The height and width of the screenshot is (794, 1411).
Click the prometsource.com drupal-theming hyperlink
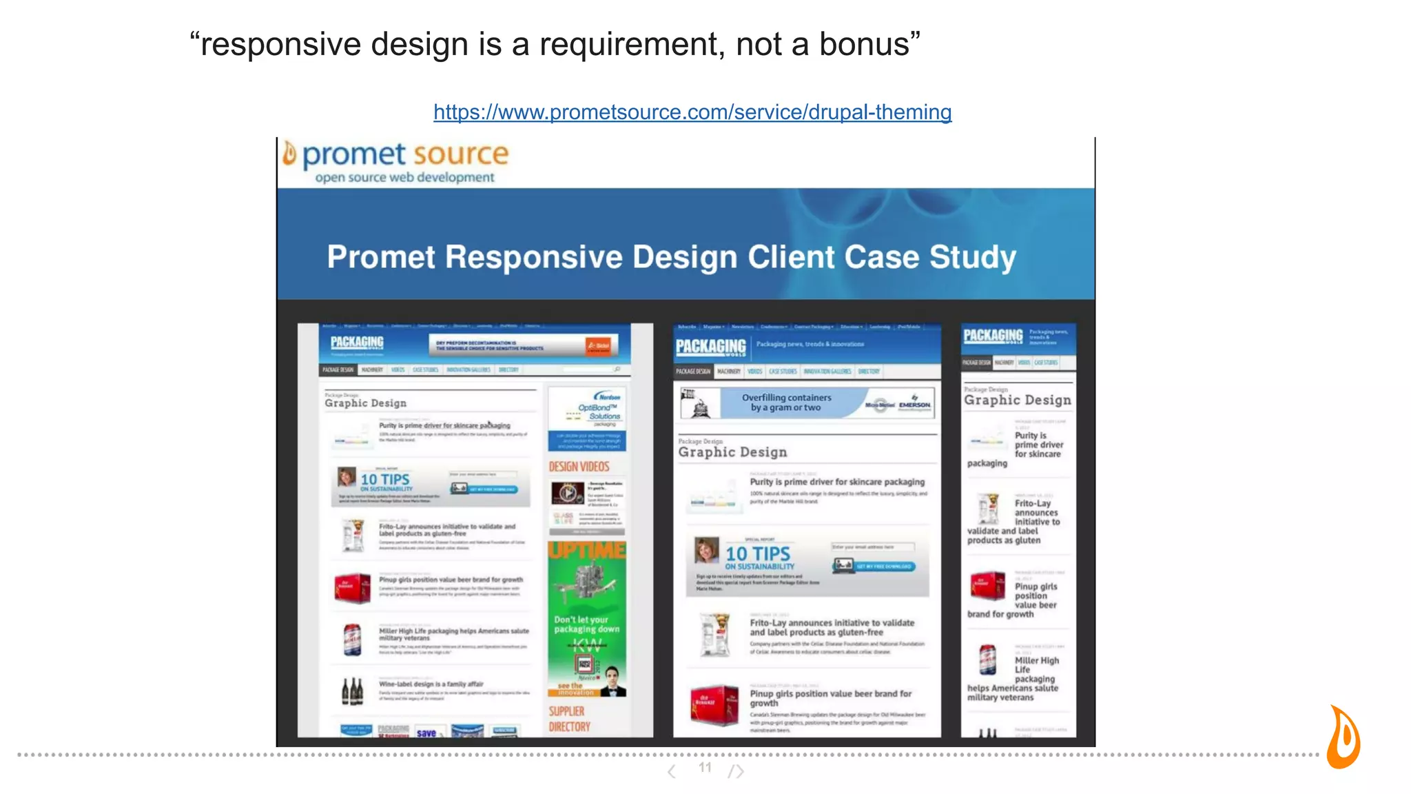click(692, 112)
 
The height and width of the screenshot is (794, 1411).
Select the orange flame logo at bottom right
click(1343, 737)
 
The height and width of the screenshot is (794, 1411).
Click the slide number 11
click(705, 767)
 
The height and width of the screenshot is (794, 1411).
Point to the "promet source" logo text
click(405, 154)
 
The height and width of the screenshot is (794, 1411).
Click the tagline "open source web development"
click(404, 178)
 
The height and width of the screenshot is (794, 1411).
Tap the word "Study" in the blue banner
click(972, 257)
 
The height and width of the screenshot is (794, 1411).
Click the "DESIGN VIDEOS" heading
click(579, 467)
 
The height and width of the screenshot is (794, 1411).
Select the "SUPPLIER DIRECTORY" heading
click(569, 719)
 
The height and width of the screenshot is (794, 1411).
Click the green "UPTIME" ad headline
click(587, 550)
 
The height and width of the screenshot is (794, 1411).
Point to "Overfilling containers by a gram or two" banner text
click(786, 403)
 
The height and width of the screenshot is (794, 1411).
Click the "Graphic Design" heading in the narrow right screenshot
click(1018, 400)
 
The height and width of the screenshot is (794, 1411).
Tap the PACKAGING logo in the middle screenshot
click(710, 346)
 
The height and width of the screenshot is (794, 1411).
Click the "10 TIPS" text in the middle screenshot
click(757, 553)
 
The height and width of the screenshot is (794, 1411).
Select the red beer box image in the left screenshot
click(352, 587)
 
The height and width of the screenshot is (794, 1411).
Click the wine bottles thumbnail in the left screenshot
click(352, 691)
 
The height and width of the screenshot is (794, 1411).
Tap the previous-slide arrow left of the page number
click(672, 771)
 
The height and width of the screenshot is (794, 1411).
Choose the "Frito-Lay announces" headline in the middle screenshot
click(832, 627)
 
